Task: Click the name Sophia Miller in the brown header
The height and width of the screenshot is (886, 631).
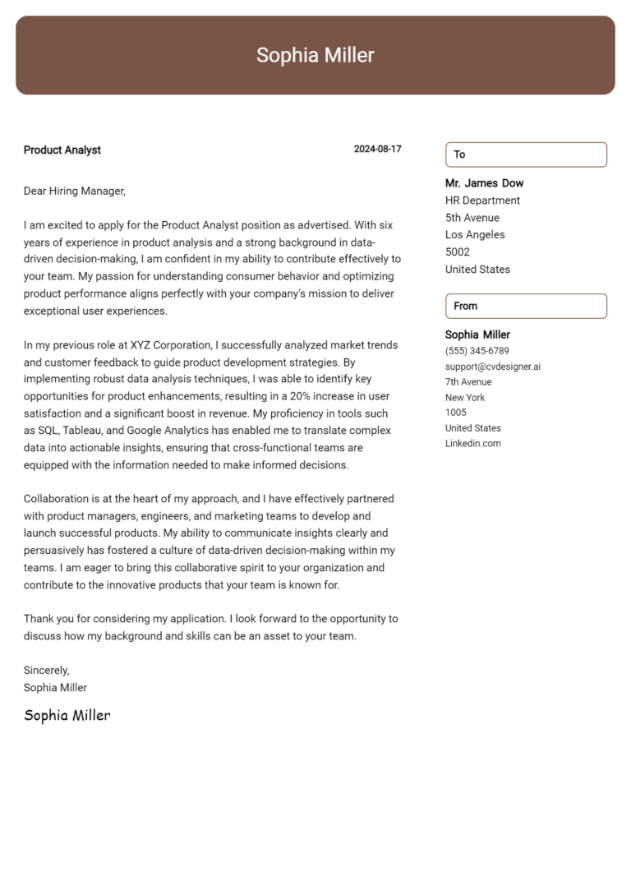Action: pyautogui.click(x=315, y=55)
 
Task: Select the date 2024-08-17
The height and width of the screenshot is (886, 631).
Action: pyautogui.click(x=377, y=150)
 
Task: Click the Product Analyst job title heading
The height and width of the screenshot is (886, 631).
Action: pyautogui.click(x=62, y=150)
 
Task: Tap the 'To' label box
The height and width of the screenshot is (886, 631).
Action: pyautogui.click(x=526, y=155)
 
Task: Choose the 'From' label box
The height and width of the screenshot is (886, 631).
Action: pyautogui.click(x=526, y=306)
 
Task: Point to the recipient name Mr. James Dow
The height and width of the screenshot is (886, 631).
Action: pyautogui.click(x=484, y=183)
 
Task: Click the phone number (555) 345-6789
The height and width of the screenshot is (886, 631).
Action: pyautogui.click(x=477, y=351)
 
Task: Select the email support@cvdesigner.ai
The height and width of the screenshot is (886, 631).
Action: pyautogui.click(x=492, y=367)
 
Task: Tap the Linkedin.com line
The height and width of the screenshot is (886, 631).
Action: pyautogui.click(x=472, y=444)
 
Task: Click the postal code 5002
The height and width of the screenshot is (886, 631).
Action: pyautogui.click(x=458, y=252)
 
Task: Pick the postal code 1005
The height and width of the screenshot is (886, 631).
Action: pyautogui.click(x=455, y=413)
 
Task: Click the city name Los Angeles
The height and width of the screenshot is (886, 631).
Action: pyautogui.click(x=475, y=235)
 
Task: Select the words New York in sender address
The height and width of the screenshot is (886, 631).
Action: pyautogui.click(x=465, y=398)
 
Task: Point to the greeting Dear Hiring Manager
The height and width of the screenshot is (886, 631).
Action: pyautogui.click(x=74, y=192)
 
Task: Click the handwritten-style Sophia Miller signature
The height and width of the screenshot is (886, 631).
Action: pyautogui.click(x=67, y=715)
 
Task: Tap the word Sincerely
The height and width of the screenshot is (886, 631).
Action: pyautogui.click(x=46, y=671)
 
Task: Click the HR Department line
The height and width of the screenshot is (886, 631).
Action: pyautogui.click(x=482, y=201)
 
